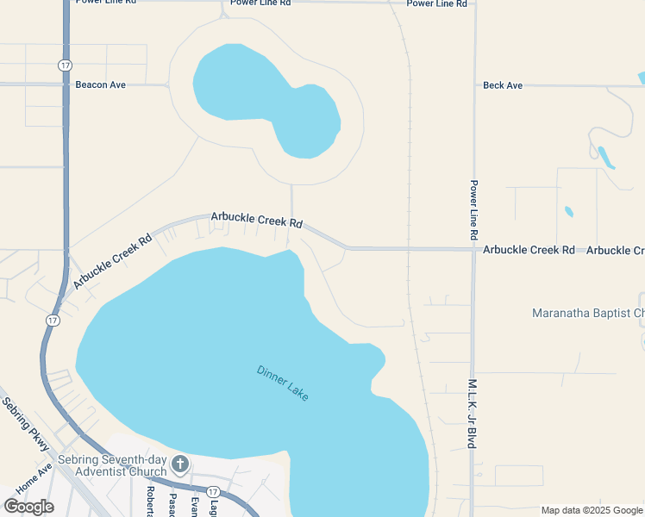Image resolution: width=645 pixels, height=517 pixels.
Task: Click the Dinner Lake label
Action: (282, 383)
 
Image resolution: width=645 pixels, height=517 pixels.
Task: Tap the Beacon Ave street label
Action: (102, 84)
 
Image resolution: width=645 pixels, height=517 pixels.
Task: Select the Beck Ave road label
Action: (503, 85)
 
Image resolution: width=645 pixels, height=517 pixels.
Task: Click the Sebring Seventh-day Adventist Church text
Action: (119, 465)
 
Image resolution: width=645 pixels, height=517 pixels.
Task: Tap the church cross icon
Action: (180, 465)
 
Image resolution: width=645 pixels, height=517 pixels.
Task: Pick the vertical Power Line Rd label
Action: (473, 209)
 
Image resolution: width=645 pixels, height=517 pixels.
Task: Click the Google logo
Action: (28, 507)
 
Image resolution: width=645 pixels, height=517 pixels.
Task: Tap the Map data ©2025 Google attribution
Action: (592, 510)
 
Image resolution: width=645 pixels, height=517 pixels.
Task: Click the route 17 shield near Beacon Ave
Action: (65, 65)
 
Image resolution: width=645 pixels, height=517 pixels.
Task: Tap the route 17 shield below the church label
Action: (213, 491)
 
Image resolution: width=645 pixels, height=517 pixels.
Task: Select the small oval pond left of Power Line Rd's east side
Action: (569, 211)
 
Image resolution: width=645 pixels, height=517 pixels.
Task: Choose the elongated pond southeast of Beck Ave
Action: (605, 157)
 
